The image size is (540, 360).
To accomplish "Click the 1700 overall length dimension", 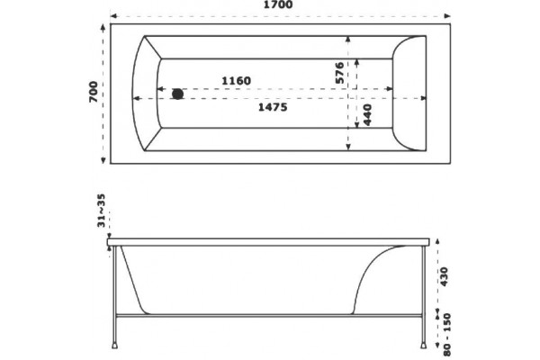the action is click(x=278, y=4).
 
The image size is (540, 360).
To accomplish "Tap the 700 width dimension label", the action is click(x=94, y=92).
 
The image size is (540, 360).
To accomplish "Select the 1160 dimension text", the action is click(x=236, y=81).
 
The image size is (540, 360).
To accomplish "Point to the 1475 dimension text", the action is click(x=273, y=107).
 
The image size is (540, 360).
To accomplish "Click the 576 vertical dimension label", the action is click(x=339, y=73).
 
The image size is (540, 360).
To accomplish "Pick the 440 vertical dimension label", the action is click(x=367, y=115).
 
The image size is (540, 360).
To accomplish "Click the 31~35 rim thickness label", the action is click(x=101, y=211).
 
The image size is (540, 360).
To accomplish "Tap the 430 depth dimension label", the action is click(x=444, y=276).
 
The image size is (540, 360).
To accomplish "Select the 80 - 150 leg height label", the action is click(x=446, y=334).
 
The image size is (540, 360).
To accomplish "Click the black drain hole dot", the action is click(x=177, y=94).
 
